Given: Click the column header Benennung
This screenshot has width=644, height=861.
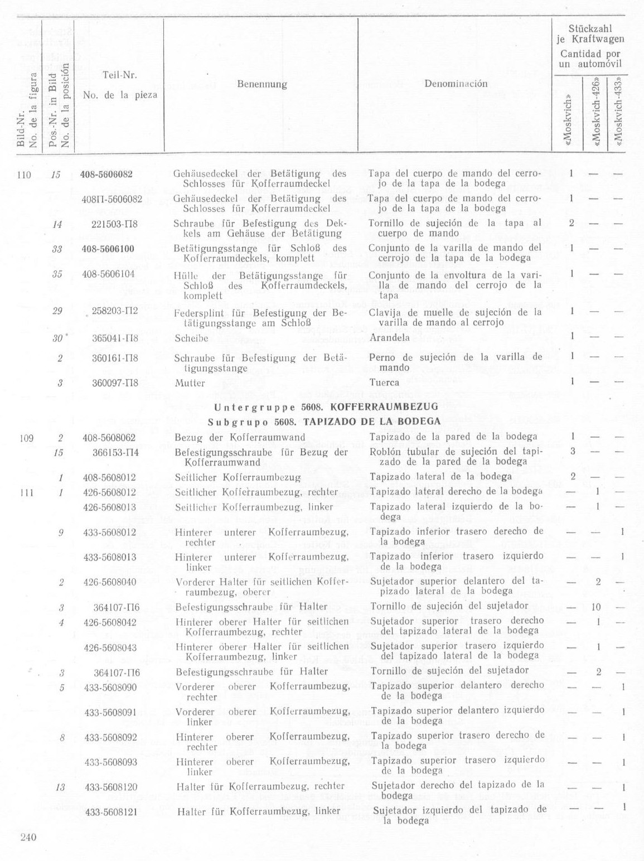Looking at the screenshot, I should pos(262,84).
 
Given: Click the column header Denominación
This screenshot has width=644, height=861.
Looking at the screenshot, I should pos(456,84).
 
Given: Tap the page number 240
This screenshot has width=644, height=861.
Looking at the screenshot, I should pos(28,836).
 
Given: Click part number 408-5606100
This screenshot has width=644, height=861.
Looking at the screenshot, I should pos(108,249).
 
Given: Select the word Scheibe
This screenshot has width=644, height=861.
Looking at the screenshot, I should pos(191,338).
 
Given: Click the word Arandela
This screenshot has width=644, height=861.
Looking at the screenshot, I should pos(389,337).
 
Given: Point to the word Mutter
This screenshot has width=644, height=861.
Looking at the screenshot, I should pos(190,383).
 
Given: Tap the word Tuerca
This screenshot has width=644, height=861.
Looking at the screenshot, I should pos(384,383).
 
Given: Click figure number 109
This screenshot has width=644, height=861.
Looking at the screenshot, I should pos(26,438).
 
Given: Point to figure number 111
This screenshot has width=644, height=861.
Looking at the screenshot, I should pos(26,492).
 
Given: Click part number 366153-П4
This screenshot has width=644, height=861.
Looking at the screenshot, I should pos(115,452).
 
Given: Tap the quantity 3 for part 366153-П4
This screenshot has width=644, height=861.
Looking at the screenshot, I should pos(572,451).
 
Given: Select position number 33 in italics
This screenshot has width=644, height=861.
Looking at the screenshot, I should pos(56,249).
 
